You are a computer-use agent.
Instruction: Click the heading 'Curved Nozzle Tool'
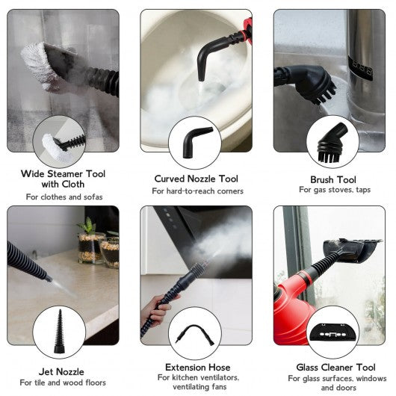tap(196, 179)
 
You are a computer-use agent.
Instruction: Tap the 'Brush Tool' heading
tap(333, 180)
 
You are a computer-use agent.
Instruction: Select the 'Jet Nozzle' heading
tap(61, 372)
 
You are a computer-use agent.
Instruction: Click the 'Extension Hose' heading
tap(198, 367)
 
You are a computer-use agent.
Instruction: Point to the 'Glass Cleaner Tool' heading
tap(335, 367)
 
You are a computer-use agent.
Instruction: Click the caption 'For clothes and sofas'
tap(64, 197)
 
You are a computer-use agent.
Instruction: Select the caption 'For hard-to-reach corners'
tap(197, 191)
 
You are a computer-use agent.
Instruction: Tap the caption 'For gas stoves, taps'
tap(335, 190)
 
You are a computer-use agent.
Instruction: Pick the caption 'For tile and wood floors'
tap(63, 383)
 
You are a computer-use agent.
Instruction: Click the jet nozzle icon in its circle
tap(59, 332)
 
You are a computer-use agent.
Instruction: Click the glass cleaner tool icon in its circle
tap(332, 332)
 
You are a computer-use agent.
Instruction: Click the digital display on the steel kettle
tap(360, 69)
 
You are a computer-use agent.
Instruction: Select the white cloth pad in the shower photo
tap(39, 66)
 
